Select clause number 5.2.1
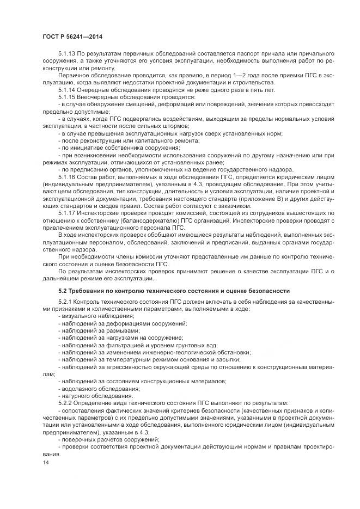[x=66, y=302]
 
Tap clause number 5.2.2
[x=66, y=403]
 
